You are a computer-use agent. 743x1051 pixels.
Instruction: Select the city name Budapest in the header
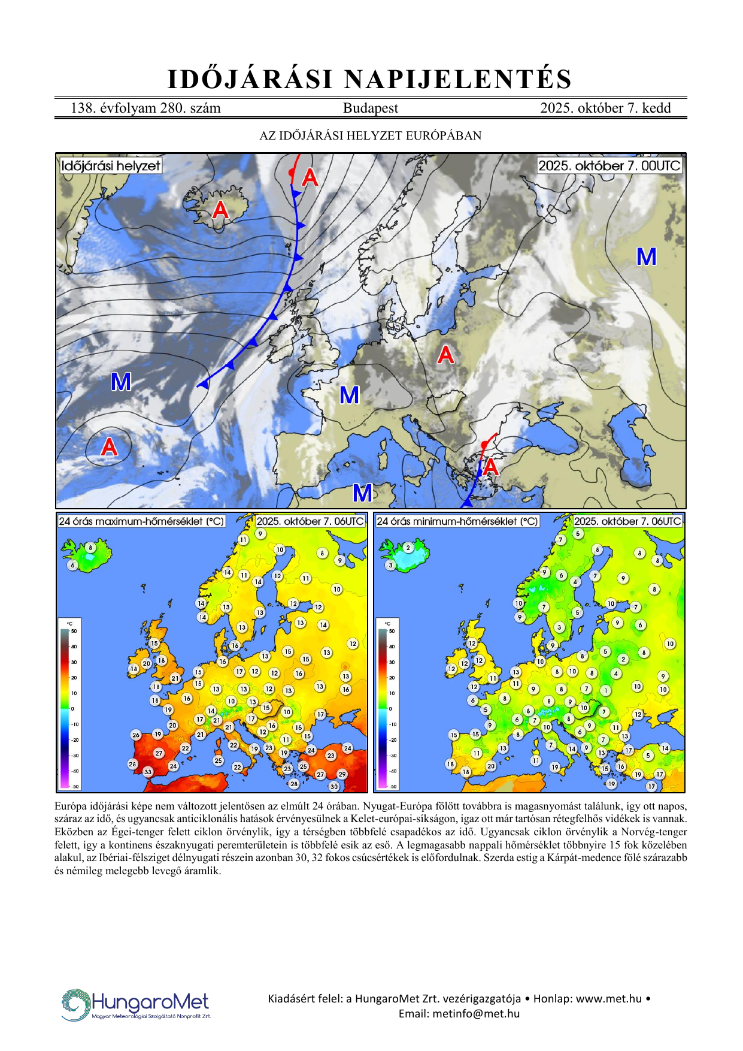click(370, 108)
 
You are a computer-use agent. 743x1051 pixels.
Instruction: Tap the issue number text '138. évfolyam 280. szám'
click(145, 108)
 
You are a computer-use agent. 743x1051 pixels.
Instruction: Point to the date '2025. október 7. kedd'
click(605, 108)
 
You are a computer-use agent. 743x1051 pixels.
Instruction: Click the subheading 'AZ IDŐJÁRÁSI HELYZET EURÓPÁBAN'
click(370, 135)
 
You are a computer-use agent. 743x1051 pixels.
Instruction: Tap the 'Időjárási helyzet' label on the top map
click(111, 166)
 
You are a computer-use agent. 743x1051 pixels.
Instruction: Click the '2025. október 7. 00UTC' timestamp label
click(609, 166)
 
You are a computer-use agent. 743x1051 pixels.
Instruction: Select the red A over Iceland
click(220, 210)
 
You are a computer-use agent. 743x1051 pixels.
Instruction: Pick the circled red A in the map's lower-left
click(109, 447)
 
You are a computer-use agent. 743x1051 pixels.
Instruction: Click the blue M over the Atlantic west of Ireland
click(121, 382)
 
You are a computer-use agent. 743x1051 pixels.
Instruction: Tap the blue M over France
click(350, 395)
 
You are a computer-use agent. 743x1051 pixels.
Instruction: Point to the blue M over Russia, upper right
click(646, 257)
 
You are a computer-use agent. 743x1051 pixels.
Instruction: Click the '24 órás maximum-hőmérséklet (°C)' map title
click(141, 521)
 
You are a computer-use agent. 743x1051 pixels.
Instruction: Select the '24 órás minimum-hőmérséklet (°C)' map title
click(457, 521)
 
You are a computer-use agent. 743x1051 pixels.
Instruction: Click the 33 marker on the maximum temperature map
click(148, 772)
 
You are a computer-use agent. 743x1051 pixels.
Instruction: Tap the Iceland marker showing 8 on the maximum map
click(90, 548)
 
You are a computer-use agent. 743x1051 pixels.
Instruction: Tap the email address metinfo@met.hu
click(476, 1014)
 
